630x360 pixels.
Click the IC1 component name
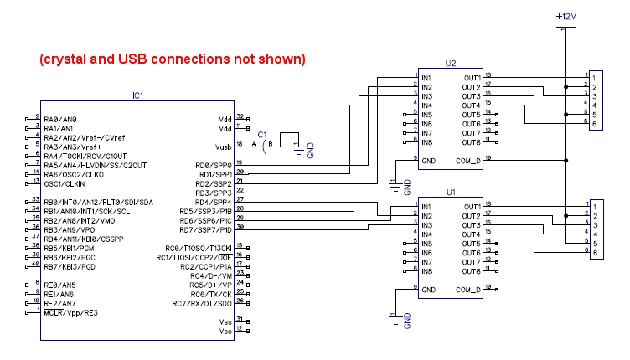click(138, 96)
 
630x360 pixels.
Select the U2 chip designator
click(451, 63)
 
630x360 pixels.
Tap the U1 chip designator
click(451, 192)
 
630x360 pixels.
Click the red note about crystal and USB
click(173, 60)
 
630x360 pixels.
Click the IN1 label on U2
click(427, 79)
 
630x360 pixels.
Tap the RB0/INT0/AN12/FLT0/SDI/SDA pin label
click(98, 202)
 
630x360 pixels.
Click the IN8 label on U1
click(427, 271)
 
